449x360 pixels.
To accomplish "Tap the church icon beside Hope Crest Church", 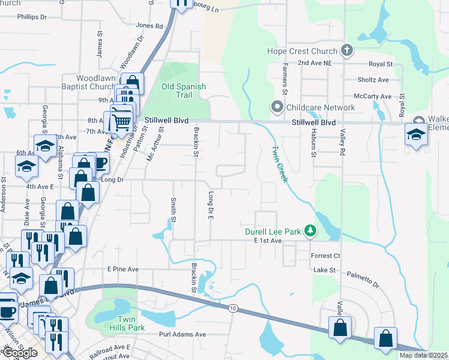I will point(346,51).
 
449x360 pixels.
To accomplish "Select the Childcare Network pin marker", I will point(277,108).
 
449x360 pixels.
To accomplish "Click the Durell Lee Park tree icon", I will point(310,231).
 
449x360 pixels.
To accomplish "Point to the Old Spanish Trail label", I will point(183,91).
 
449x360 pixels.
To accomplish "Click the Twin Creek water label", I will point(280,166).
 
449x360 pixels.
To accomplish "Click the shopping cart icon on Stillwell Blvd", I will point(122,121).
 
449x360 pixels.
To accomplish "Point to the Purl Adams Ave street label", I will point(182,334).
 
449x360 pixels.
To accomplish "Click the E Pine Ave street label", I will point(122,269).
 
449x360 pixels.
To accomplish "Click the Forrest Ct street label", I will point(325,256).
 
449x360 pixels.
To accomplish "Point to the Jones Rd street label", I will point(149,26).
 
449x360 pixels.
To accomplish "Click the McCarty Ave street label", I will point(372,96).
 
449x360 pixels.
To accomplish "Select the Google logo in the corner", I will point(19,353).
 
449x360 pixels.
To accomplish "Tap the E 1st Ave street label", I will point(268,241).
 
